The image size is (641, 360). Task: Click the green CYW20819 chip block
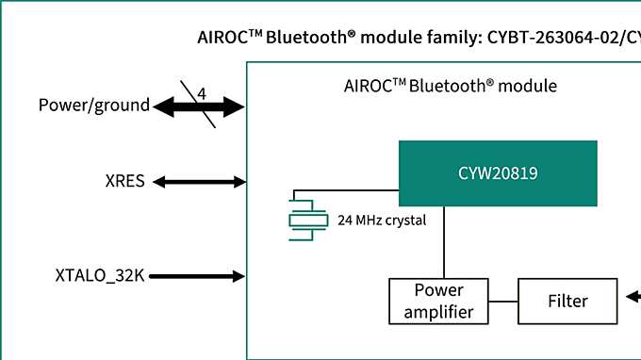[x=498, y=172]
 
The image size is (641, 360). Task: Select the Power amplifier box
[x=438, y=301]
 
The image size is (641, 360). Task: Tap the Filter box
[x=567, y=302]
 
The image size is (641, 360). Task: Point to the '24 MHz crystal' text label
[x=382, y=221]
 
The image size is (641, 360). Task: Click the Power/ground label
[x=93, y=105]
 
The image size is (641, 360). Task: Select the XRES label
[x=124, y=181]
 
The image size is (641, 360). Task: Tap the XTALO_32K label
[x=99, y=276]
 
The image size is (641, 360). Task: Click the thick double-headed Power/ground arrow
[x=199, y=106]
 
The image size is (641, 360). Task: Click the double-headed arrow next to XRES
[x=199, y=181]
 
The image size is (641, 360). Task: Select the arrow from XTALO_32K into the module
[x=199, y=276]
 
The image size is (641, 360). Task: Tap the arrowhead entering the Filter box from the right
[x=632, y=298]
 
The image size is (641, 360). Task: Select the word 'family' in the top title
[x=451, y=38]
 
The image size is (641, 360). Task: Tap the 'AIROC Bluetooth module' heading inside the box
[x=451, y=86]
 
